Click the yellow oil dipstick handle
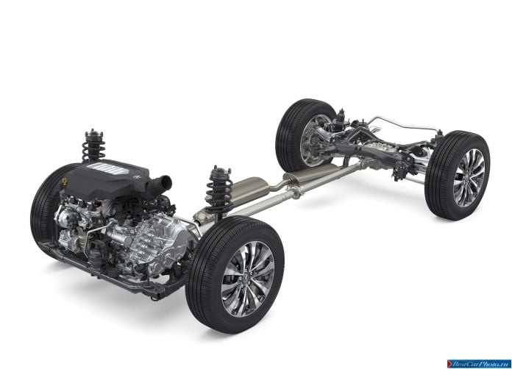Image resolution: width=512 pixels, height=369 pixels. coord(65,182)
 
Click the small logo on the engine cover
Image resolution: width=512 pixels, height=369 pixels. coord(136,177)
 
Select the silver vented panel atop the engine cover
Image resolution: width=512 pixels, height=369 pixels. coord(107,168)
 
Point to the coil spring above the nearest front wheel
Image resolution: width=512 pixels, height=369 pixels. coord(219,191)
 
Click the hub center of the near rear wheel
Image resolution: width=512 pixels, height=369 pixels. coord(469,179)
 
